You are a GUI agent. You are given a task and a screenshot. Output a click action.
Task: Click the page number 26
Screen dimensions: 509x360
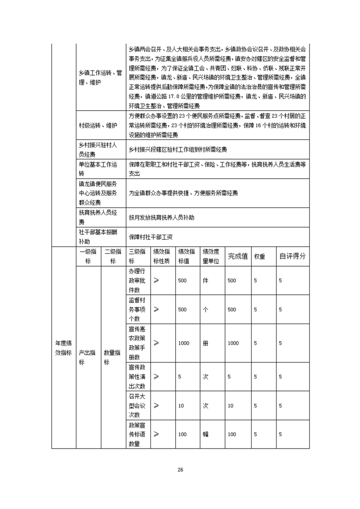(180, 470)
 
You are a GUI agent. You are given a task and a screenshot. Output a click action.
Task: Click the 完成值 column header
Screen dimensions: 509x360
(237, 256)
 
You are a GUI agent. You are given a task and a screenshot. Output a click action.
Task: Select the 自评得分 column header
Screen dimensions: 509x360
(292, 256)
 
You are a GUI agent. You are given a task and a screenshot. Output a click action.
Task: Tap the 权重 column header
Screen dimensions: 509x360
(260, 256)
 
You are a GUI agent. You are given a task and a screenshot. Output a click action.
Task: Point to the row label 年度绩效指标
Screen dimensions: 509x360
(63, 347)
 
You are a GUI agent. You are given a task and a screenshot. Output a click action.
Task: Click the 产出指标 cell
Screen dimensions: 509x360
(87, 357)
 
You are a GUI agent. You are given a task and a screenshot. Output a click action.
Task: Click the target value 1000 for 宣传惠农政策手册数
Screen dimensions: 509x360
(183, 343)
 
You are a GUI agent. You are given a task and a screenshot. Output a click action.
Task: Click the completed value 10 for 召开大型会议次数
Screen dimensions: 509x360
(231, 406)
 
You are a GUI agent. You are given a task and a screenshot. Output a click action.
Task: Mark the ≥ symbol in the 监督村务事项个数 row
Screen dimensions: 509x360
(156, 309)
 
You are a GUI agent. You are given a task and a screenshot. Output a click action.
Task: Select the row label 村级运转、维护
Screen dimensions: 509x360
(98, 125)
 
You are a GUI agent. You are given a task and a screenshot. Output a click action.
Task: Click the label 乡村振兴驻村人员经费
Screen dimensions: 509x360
(98, 149)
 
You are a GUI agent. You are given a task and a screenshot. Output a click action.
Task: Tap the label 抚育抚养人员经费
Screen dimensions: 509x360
(98, 217)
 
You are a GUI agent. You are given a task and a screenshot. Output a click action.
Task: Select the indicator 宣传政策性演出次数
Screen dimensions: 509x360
(137, 377)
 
